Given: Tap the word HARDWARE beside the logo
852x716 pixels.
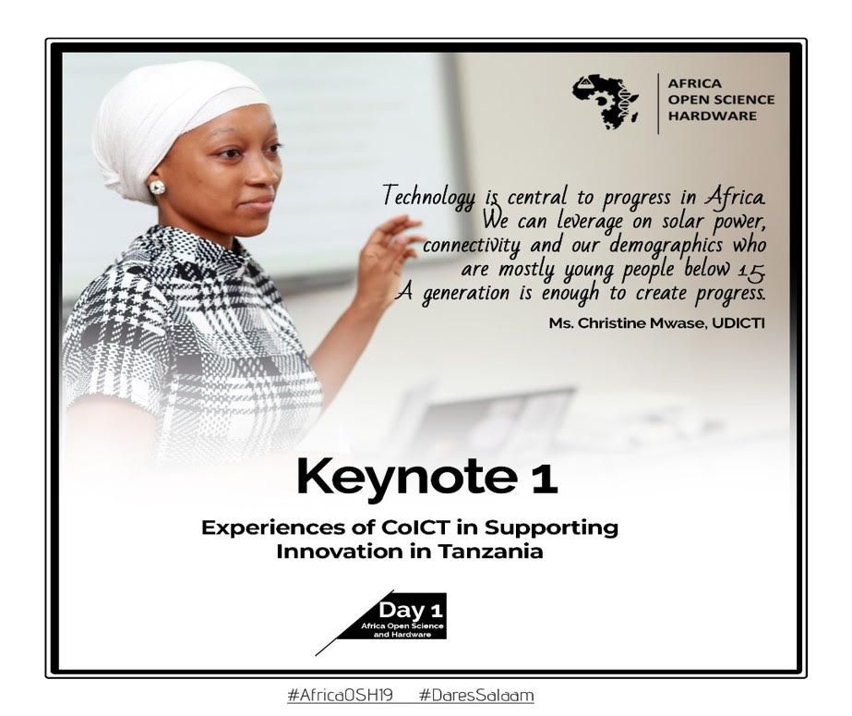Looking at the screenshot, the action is (x=712, y=115).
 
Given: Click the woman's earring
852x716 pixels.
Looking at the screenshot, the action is (x=157, y=188).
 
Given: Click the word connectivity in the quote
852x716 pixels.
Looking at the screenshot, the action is (x=472, y=246).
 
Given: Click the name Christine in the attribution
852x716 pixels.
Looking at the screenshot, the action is (x=608, y=323).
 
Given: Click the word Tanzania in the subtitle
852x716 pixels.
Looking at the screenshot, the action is (x=491, y=552).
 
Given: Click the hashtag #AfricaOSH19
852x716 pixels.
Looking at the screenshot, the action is (x=340, y=696).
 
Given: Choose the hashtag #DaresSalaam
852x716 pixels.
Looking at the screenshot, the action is (x=476, y=696).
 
